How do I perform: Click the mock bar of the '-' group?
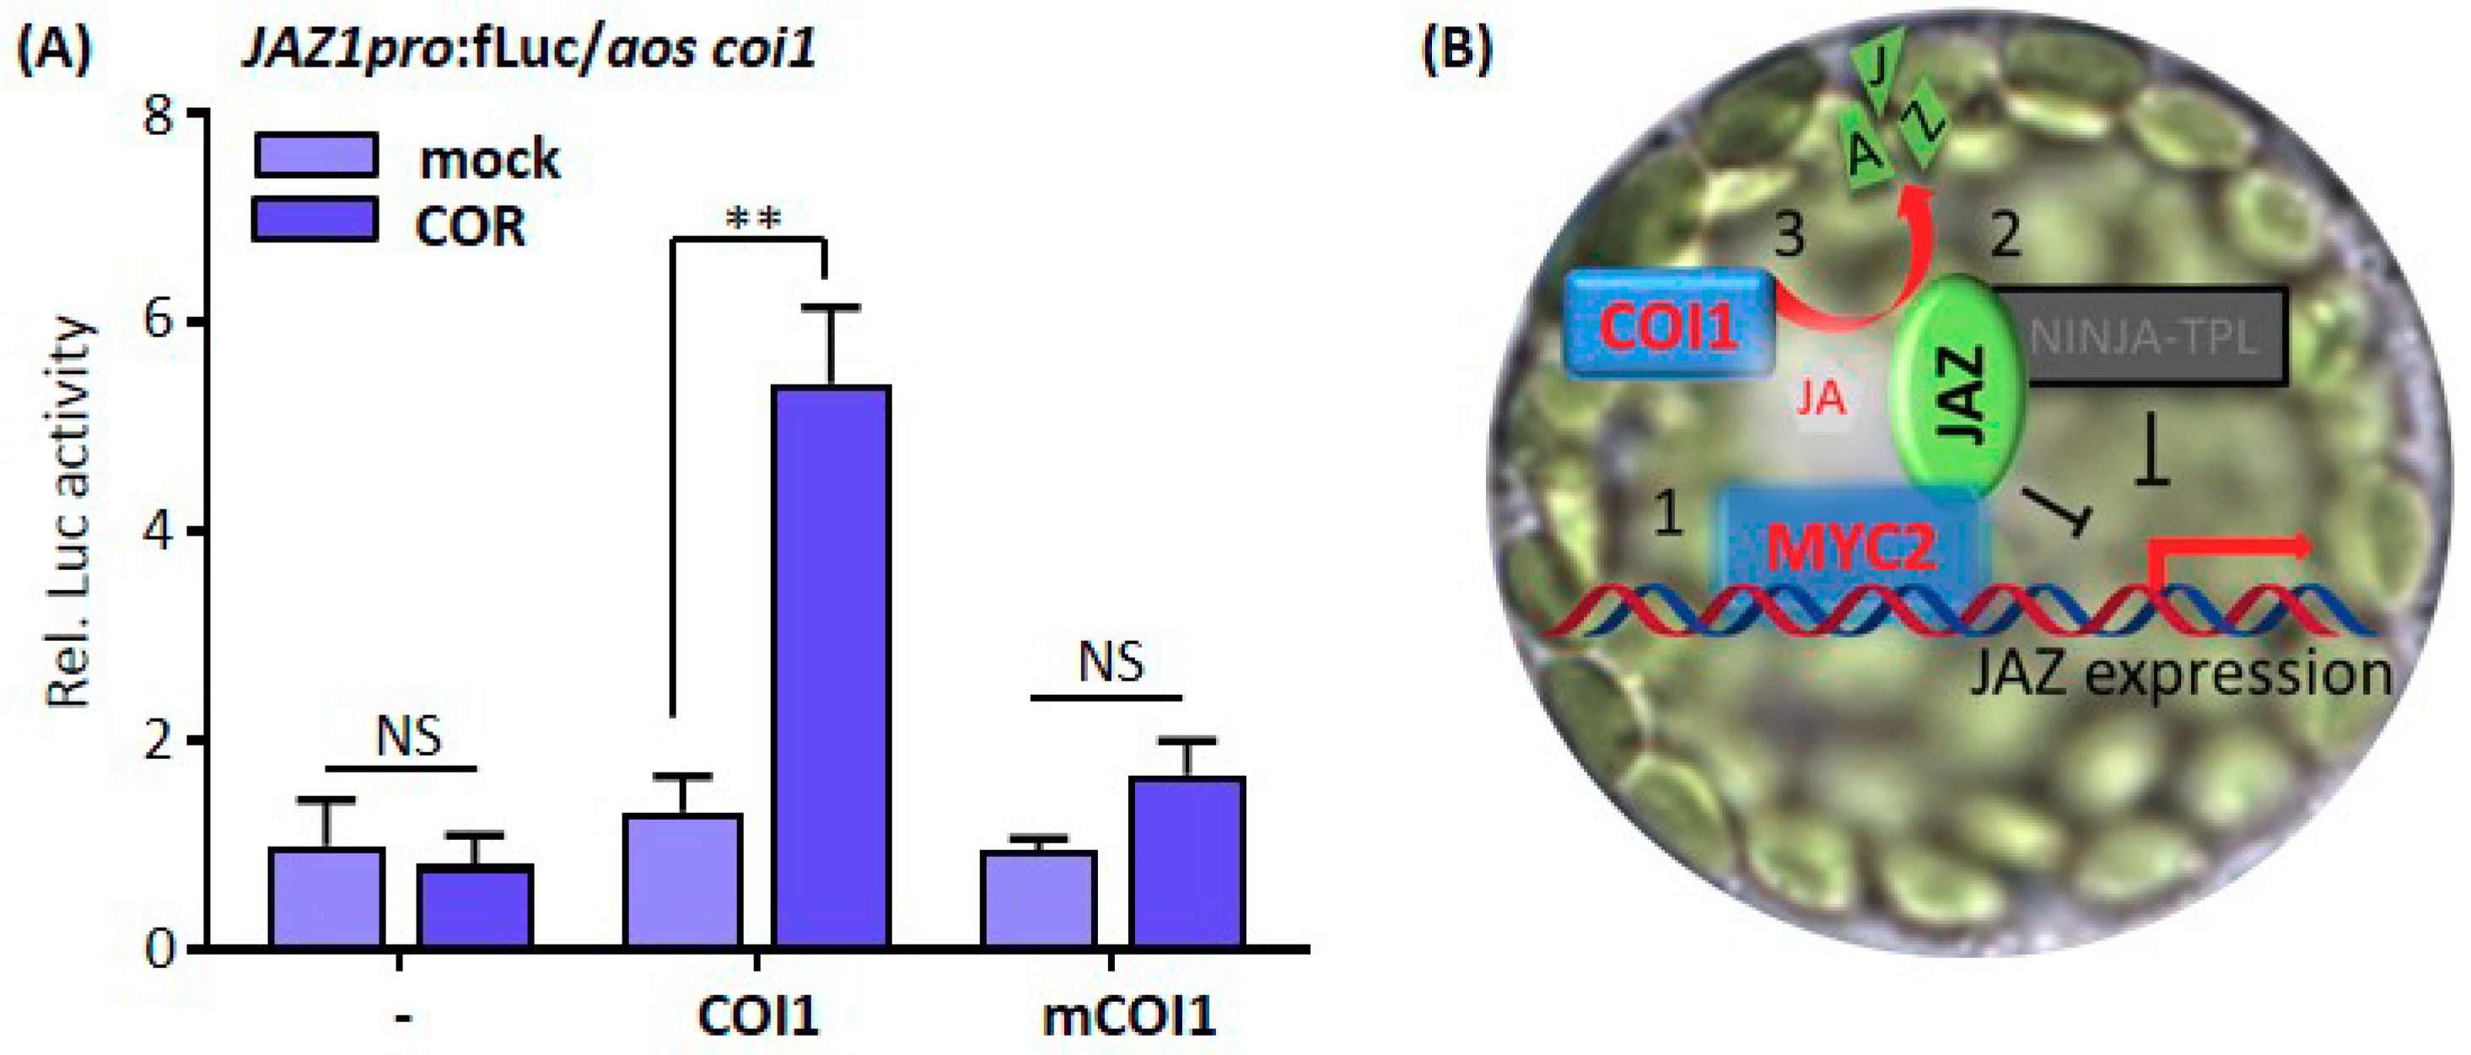pos(327,896)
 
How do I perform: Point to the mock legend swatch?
pos(315,154)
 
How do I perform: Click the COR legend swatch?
pos(314,219)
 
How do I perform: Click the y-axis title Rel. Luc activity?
pos(69,513)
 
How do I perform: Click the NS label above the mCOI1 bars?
pos(1111,662)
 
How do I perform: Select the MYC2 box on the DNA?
pos(1850,546)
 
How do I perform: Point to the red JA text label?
pos(1820,397)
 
